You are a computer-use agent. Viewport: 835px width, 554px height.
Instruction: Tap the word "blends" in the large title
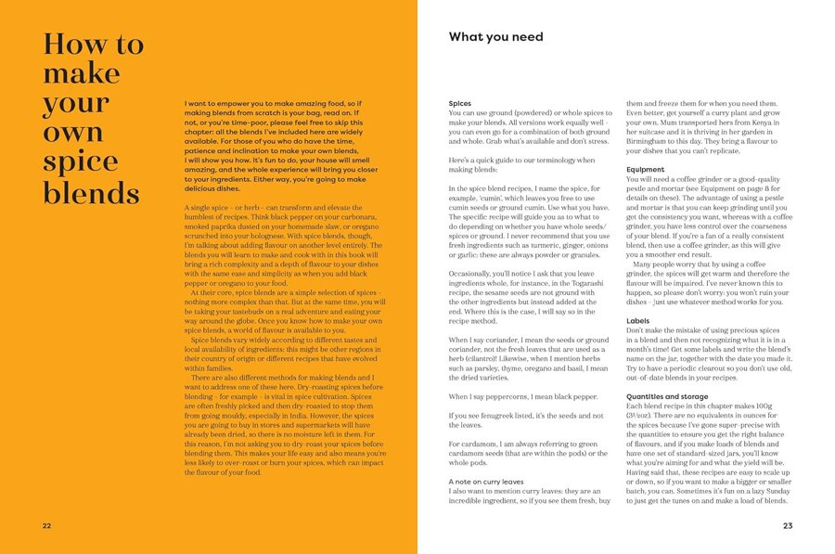point(91,193)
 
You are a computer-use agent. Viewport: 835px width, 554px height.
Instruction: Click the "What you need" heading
point(495,37)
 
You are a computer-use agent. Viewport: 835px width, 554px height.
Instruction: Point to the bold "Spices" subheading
point(459,104)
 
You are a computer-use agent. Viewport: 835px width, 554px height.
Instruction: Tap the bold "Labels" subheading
point(639,320)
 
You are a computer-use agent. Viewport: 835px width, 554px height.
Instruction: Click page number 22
point(46,526)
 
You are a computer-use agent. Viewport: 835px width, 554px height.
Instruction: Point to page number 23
point(788,526)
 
